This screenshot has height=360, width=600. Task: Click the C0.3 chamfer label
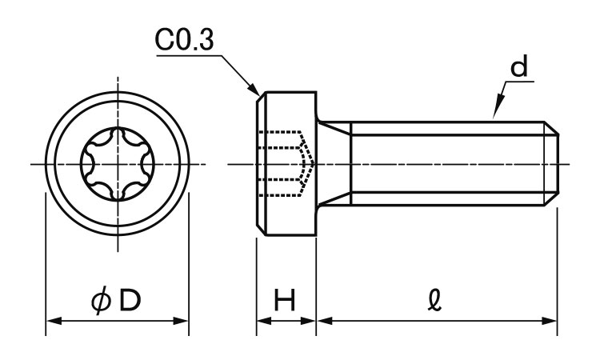(185, 41)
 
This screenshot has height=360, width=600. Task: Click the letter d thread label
(521, 69)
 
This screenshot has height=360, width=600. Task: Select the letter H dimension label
(285, 301)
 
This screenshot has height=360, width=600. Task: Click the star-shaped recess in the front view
(117, 165)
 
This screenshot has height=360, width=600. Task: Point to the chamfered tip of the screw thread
(552, 164)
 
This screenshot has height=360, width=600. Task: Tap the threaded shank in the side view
(448, 164)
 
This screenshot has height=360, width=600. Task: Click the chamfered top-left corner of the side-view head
(258, 96)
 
